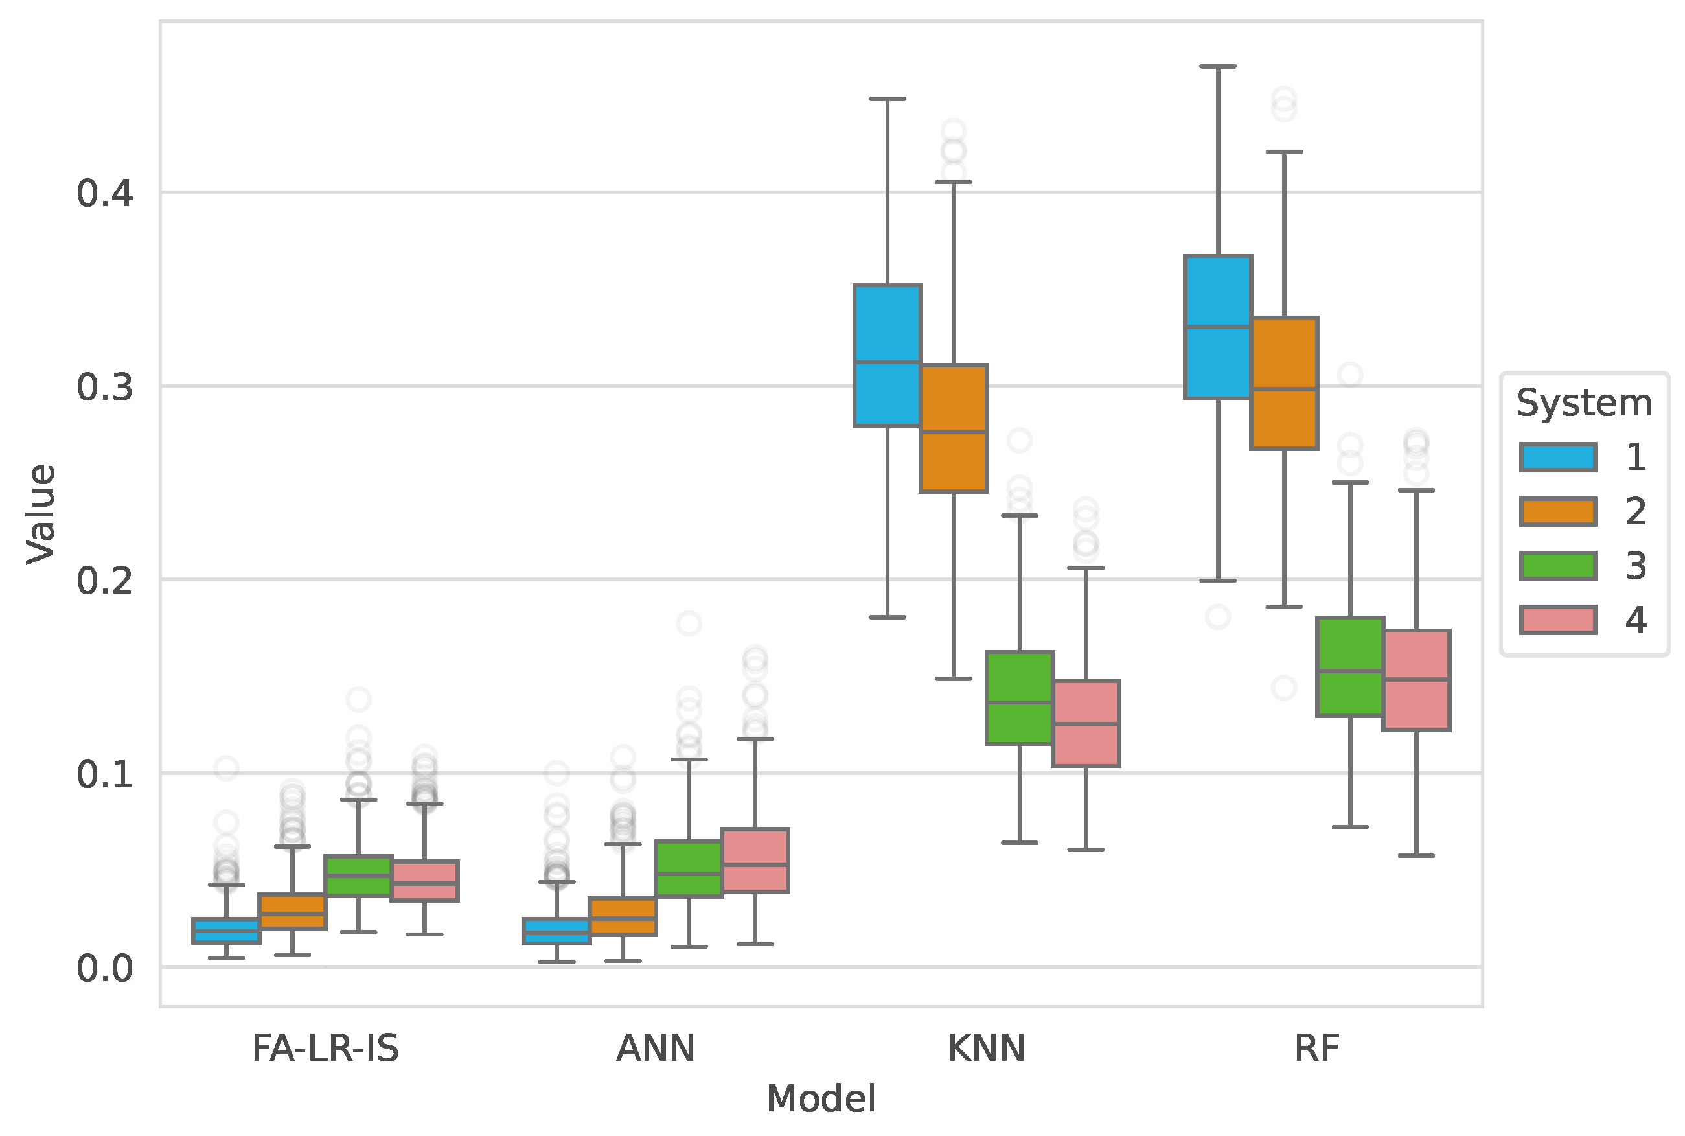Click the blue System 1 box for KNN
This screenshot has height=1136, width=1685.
point(887,355)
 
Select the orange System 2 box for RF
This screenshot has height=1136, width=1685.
point(1284,382)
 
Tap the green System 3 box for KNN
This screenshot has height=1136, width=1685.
point(1020,697)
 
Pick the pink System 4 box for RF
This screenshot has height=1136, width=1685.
point(1416,680)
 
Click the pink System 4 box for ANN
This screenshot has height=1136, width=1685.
point(755,859)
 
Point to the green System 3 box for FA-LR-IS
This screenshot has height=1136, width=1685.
point(358,875)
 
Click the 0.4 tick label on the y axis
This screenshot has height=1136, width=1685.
point(105,194)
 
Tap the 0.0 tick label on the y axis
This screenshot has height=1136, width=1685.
point(105,968)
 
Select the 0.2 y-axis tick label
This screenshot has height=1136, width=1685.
point(105,581)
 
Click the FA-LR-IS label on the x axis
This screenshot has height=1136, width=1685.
point(325,1049)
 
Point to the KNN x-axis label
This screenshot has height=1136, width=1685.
point(986,1049)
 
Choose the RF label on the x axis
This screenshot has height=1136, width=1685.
point(1316,1049)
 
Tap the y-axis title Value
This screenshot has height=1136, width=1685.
point(41,514)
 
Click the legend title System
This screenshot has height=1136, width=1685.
point(1584,403)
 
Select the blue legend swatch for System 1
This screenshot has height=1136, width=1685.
point(1557,457)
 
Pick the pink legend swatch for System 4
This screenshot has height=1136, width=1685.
point(1557,620)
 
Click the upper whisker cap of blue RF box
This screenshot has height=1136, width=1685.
point(1218,66)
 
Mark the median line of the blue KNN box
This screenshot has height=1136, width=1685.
point(887,362)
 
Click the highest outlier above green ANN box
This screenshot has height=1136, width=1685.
point(689,623)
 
